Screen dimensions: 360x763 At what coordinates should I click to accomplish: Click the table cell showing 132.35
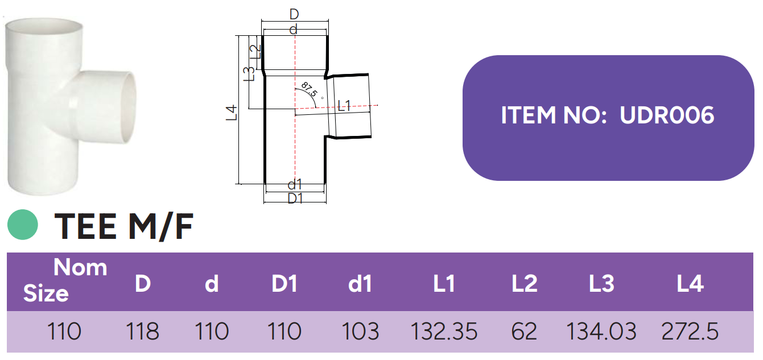click(444, 331)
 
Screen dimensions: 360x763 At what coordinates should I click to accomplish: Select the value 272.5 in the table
click(690, 331)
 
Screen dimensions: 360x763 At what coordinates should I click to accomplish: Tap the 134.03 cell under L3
click(601, 331)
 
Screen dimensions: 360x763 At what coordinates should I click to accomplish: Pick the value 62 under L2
click(524, 331)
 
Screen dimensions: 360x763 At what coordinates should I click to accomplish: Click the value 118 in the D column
click(142, 331)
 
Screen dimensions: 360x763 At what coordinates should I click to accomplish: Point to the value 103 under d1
click(360, 331)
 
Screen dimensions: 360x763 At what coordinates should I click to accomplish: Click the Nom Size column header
click(65, 280)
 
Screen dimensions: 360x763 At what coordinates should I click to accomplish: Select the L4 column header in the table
click(690, 283)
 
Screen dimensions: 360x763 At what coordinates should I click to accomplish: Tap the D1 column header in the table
click(284, 283)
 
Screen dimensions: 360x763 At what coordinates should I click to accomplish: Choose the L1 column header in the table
click(444, 283)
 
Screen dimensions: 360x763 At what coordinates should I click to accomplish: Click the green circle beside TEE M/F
click(23, 225)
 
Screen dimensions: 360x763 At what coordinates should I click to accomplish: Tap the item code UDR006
click(667, 115)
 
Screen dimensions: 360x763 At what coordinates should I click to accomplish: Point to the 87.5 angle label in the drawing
click(310, 89)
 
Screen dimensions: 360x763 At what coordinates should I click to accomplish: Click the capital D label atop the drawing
click(294, 14)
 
